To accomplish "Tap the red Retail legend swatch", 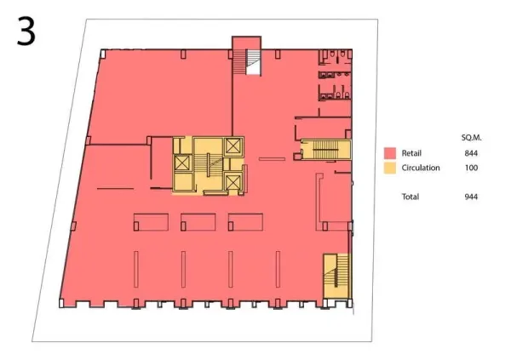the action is pyautogui.click(x=390, y=153).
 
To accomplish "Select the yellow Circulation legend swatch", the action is pyautogui.click(x=390, y=168).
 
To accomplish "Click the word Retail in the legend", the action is pyautogui.click(x=411, y=153).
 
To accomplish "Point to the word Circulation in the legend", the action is pyautogui.click(x=421, y=168).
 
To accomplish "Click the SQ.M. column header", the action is pyautogui.click(x=471, y=138).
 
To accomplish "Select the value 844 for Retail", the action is pyautogui.click(x=471, y=153).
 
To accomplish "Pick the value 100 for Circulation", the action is pyautogui.click(x=471, y=168).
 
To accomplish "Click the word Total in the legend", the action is pyautogui.click(x=411, y=197).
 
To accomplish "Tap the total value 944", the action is pyautogui.click(x=471, y=197).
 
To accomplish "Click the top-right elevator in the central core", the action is pyautogui.click(x=233, y=146).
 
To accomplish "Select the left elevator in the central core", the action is pyautogui.click(x=182, y=163).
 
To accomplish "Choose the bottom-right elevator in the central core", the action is pyautogui.click(x=233, y=182).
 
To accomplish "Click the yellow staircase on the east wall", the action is pyautogui.click(x=326, y=150).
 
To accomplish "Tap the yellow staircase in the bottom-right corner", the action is pyautogui.click(x=336, y=276).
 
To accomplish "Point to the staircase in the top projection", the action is pyautogui.click(x=247, y=62).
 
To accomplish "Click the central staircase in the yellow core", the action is pyautogui.click(x=208, y=164).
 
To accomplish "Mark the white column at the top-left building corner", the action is pyautogui.click(x=103, y=54).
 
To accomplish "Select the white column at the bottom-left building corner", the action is pyautogui.click(x=61, y=303).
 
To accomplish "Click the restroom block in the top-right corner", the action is pyautogui.click(x=335, y=75).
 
